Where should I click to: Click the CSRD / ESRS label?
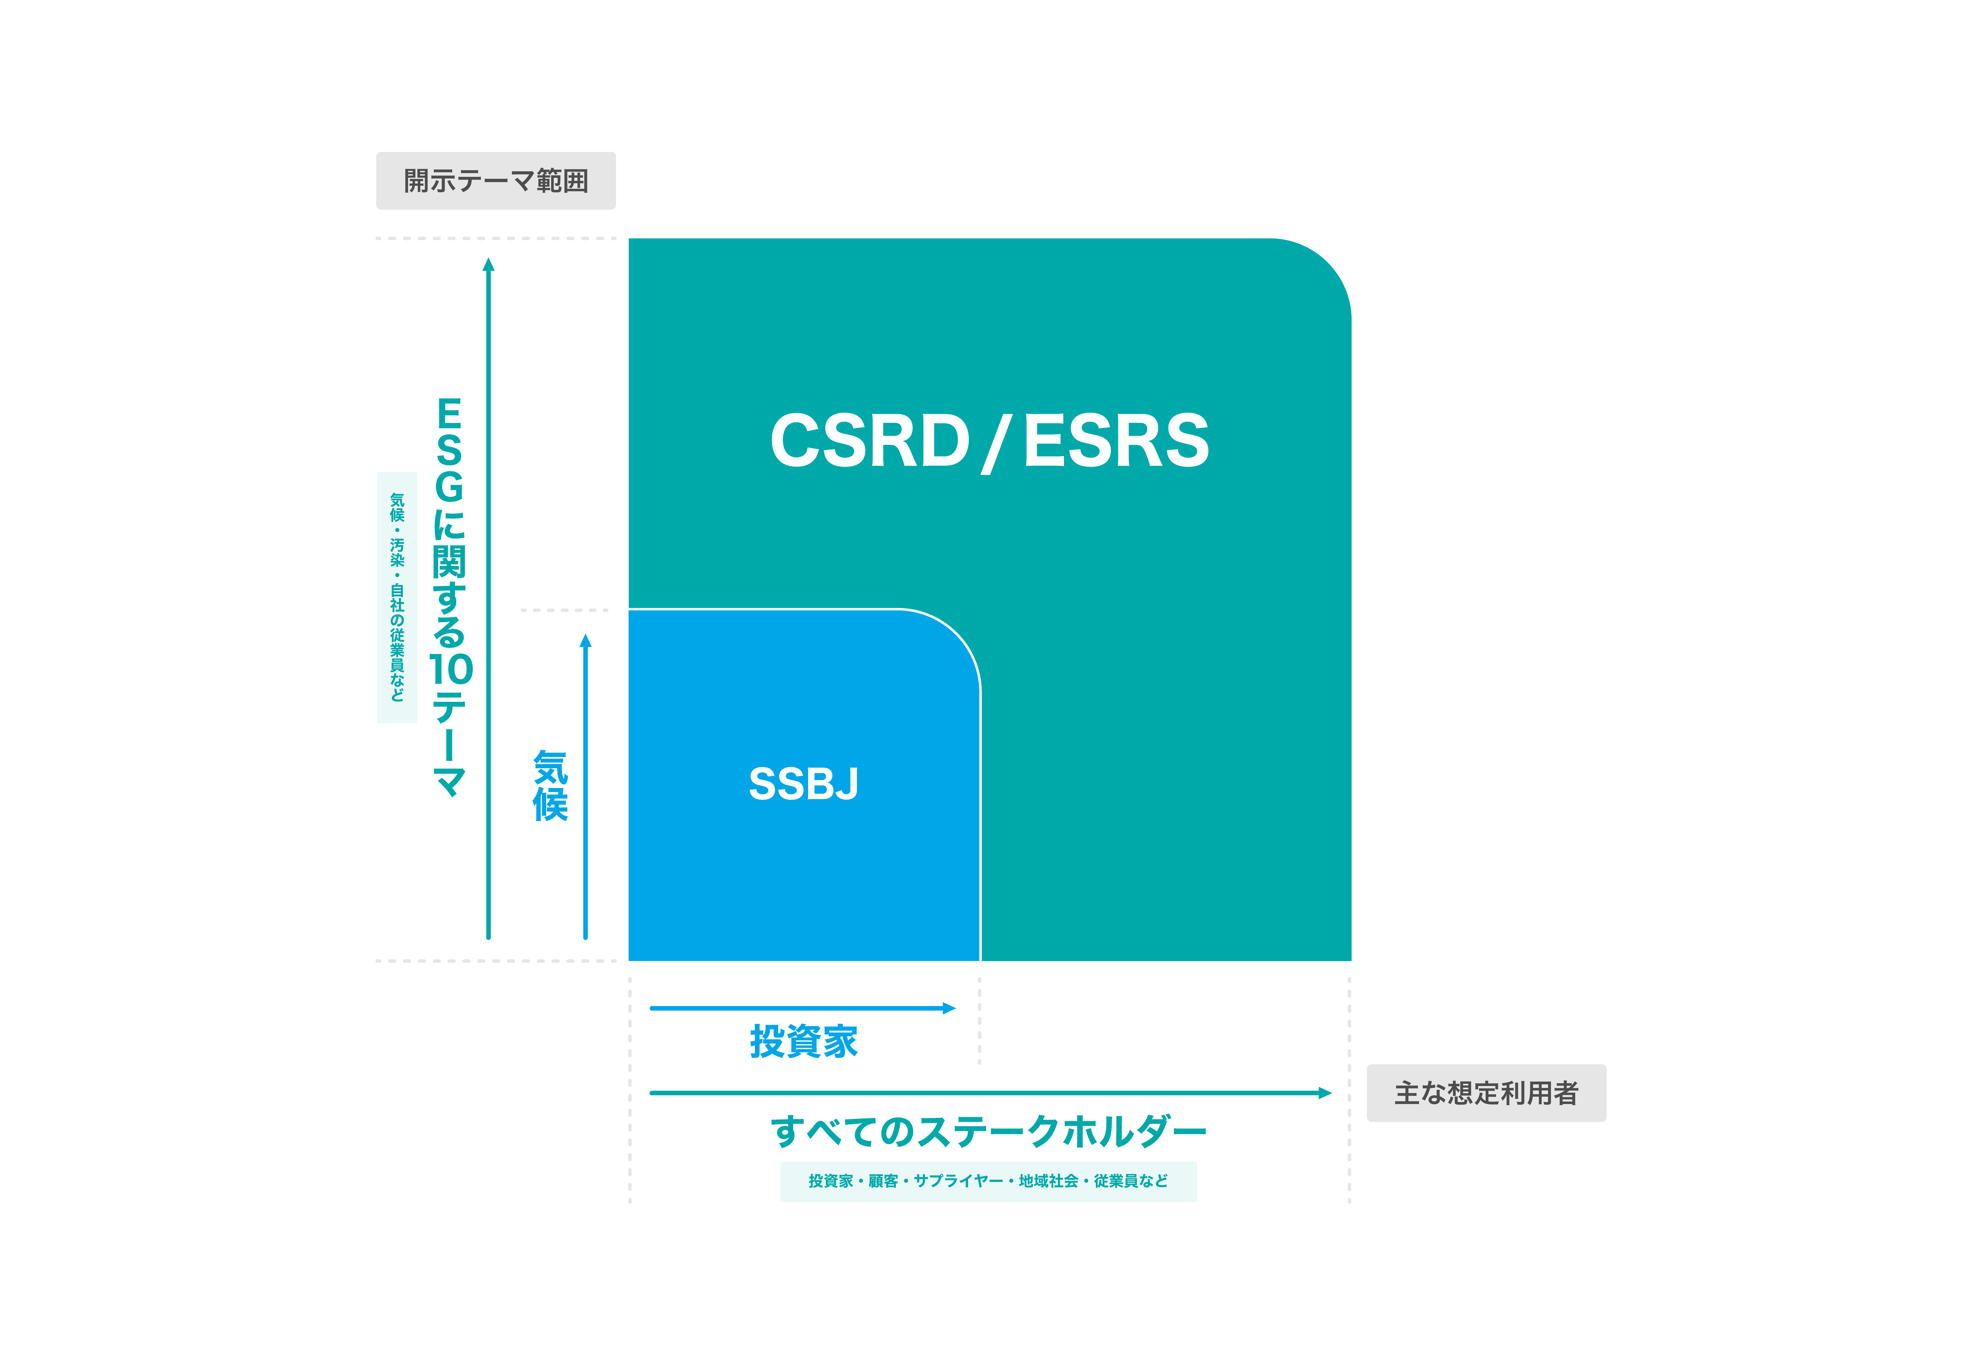989,441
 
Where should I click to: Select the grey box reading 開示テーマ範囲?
496,181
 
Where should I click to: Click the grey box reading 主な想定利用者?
1486,1093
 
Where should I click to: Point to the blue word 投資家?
804,1041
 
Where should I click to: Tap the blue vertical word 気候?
550,786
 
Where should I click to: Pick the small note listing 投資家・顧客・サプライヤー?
988,1181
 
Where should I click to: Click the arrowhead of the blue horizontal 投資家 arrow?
950,1008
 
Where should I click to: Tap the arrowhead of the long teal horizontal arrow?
1325,1093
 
